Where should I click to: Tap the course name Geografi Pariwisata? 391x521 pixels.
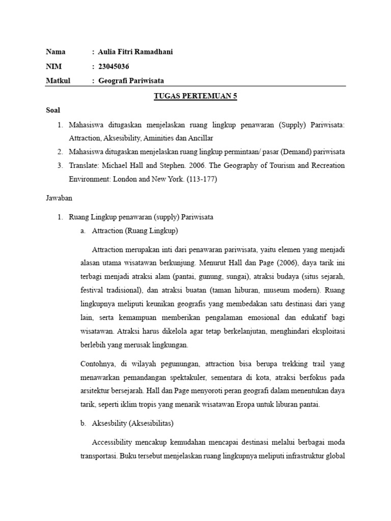point(131,80)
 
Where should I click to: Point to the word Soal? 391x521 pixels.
point(53,110)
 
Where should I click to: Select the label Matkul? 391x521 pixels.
point(58,80)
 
